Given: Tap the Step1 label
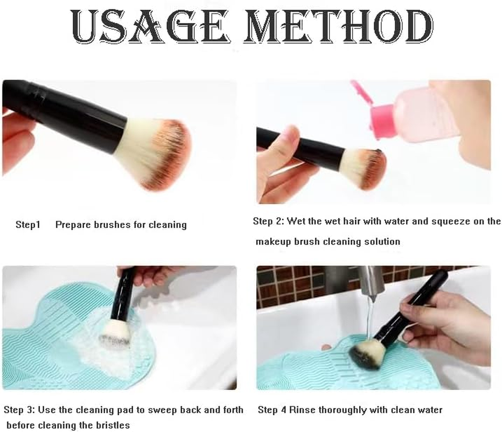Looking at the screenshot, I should (27, 225).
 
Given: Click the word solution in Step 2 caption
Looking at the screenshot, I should (381, 241).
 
